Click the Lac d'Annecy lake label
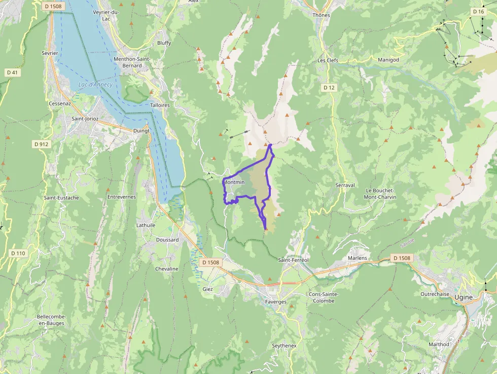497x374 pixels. tap(95, 85)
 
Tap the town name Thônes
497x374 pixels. tap(321, 15)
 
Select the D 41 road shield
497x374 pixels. tap(13, 73)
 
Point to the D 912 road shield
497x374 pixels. tap(42, 144)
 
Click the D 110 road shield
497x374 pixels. tap(18, 253)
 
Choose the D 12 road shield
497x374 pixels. tap(329, 88)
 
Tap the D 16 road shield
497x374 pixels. tap(478, 12)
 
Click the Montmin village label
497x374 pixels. tap(234, 182)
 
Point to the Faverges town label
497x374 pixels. tap(276, 301)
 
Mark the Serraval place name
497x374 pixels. tap(345, 185)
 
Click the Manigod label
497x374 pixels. tap(388, 60)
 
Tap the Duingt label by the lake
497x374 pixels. tap(141, 130)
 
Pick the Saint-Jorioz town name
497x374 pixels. tap(85, 118)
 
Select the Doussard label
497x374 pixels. tap(167, 240)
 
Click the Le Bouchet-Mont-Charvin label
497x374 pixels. tap(381, 194)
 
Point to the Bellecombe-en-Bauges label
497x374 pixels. tap(51, 320)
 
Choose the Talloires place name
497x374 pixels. tap(160, 105)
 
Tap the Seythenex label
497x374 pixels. tap(284, 345)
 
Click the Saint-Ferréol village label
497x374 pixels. tap(294, 260)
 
